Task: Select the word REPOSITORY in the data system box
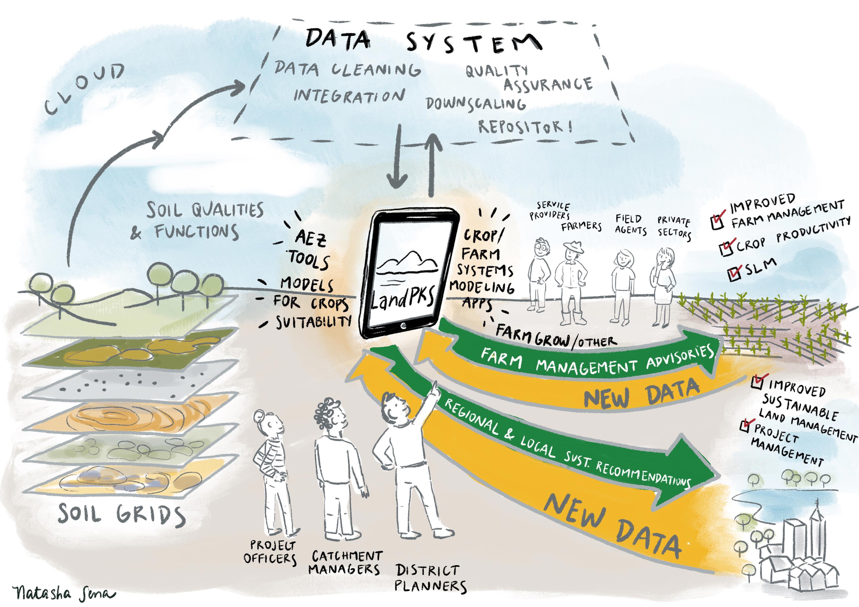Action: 526,127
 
